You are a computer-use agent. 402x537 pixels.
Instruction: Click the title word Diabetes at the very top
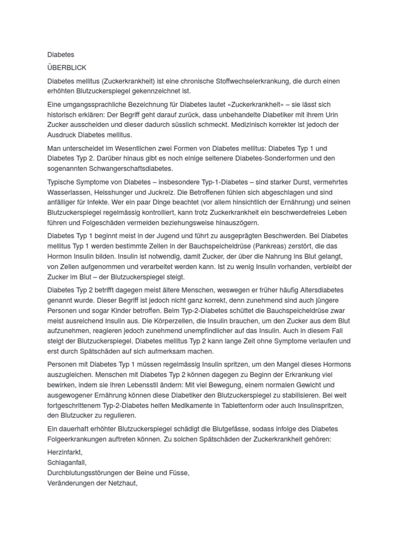point(61,55)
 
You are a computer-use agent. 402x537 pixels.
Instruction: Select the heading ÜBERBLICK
point(67,68)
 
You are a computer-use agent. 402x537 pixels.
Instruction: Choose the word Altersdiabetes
point(319,290)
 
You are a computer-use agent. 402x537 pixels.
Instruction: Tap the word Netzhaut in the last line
point(121,484)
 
